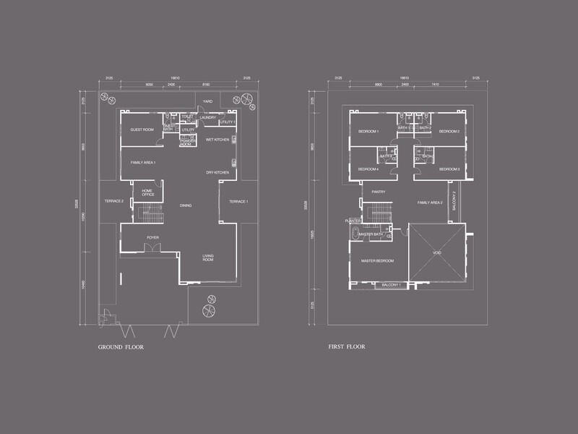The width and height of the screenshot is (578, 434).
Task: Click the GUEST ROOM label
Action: coord(142,129)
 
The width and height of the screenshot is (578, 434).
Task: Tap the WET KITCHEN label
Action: coord(217,140)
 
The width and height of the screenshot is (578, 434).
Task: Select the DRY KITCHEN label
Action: coord(217,172)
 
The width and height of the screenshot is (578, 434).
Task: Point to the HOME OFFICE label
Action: coord(148,193)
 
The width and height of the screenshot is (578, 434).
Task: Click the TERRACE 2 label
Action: coord(114,200)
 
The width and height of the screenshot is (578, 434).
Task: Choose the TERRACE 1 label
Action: coord(238,200)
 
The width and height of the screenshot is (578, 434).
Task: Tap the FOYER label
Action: coord(152,237)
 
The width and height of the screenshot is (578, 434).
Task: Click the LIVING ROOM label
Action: coord(209,258)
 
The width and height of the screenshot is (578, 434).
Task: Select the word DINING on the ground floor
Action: coord(186,205)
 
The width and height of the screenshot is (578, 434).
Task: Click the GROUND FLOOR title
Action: coord(121,347)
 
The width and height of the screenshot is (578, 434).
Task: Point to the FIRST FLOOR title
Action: coord(347,347)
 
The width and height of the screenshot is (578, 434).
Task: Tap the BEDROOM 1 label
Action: coord(368,131)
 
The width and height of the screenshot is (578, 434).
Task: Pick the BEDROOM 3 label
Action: coord(449,169)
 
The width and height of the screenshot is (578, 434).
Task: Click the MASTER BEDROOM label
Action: coord(377,260)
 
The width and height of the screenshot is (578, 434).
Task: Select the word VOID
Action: coord(437,253)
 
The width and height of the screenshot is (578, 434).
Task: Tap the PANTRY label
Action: coord(378,192)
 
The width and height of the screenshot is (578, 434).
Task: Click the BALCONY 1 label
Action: coord(394,285)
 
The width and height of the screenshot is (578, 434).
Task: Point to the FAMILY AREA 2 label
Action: coord(430,203)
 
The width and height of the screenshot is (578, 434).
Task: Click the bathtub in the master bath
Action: coord(354,234)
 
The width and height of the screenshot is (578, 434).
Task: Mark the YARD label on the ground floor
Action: coord(207,101)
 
